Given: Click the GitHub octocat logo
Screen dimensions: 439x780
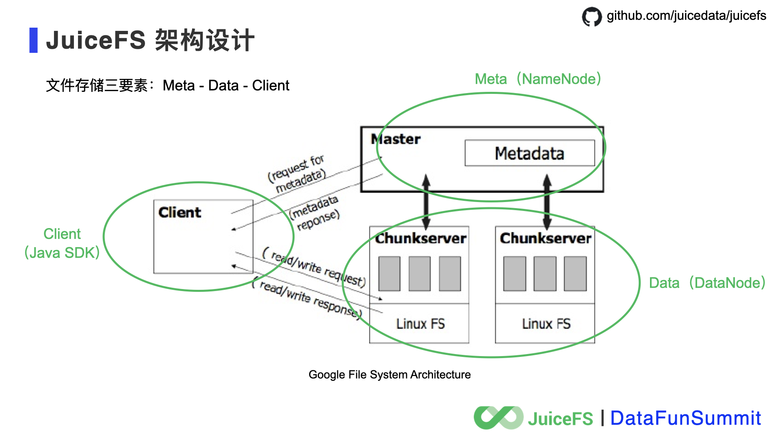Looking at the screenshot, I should click(x=591, y=17).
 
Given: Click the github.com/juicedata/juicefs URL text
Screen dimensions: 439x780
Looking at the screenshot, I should click(x=686, y=15).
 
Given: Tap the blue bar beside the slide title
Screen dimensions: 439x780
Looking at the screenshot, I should click(x=33, y=40).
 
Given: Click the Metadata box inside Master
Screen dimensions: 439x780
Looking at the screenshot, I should click(x=529, y=153).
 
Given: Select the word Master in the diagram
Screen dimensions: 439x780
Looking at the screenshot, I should click(x=396, y=139).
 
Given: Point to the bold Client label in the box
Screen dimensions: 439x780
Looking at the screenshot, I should click(x=180, y=212).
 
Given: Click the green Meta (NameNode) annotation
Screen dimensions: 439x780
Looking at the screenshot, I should click(x=537, y=79).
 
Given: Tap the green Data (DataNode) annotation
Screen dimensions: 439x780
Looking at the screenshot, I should click(x=707, y=283).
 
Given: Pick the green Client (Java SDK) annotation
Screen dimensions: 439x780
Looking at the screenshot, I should click(x=62, y=243).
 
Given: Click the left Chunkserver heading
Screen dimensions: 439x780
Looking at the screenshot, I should click(x=420, y=238).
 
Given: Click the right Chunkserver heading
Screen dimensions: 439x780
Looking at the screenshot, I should click(x=545, y=238).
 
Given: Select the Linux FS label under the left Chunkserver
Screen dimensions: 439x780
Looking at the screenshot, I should click(x=420, y=324).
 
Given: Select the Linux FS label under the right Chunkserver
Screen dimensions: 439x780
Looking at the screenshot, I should click(x=546, y=324).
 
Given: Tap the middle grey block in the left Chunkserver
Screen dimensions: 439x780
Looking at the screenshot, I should click(x=419, y=273).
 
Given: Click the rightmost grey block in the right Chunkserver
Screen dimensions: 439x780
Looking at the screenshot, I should click(x=575, y=273).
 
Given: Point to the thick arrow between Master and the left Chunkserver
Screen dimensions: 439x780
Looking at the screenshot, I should click(x=426, y=202).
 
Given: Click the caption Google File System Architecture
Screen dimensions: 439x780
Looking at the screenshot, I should click(x=390, y=374).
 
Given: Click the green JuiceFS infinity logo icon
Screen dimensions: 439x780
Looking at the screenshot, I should click(x=498, y=417).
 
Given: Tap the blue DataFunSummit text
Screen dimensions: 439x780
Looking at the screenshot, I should click(x=685, y=418).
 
